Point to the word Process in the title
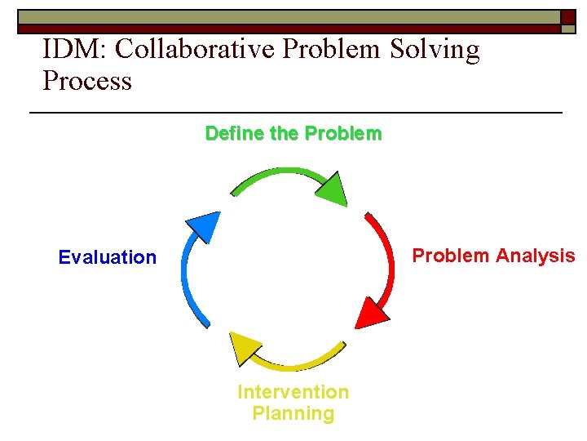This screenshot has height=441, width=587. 86,81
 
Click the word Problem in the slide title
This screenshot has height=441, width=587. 331,50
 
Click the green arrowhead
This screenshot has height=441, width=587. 332,189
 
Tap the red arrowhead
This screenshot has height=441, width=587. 371,312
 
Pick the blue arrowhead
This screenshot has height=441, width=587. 204,226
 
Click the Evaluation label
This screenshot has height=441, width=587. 107,258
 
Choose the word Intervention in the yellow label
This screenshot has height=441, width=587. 293,393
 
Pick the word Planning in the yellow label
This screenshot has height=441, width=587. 293,414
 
